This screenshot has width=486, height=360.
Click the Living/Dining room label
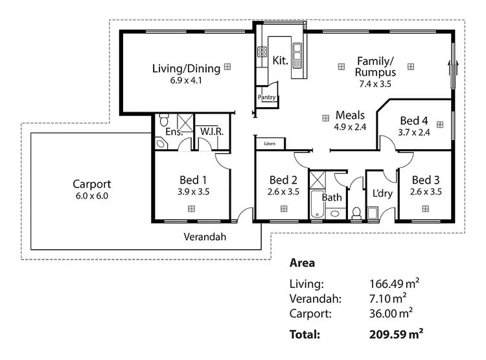click(x=186, y=68)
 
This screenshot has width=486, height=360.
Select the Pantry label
click(x=267, y=98)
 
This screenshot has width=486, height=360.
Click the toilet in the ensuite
click(x=163, y=121)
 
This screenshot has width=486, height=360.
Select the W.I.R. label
click(x=212, y=132)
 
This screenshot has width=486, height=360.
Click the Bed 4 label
click(x=414, y=121)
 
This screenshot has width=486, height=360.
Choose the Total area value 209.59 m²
click(x=396, y=335)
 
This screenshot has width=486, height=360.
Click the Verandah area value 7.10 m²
click(x=387, y=298)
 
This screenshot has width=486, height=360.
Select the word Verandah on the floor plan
click(x=205, y=237)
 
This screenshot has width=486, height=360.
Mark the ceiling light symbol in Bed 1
click(x=192, y=208)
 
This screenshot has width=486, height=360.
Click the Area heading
click(x=302, y=263)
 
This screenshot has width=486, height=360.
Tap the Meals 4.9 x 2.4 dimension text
click(x=350, y=127)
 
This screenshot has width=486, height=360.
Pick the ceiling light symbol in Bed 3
click(x=426, y=208)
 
